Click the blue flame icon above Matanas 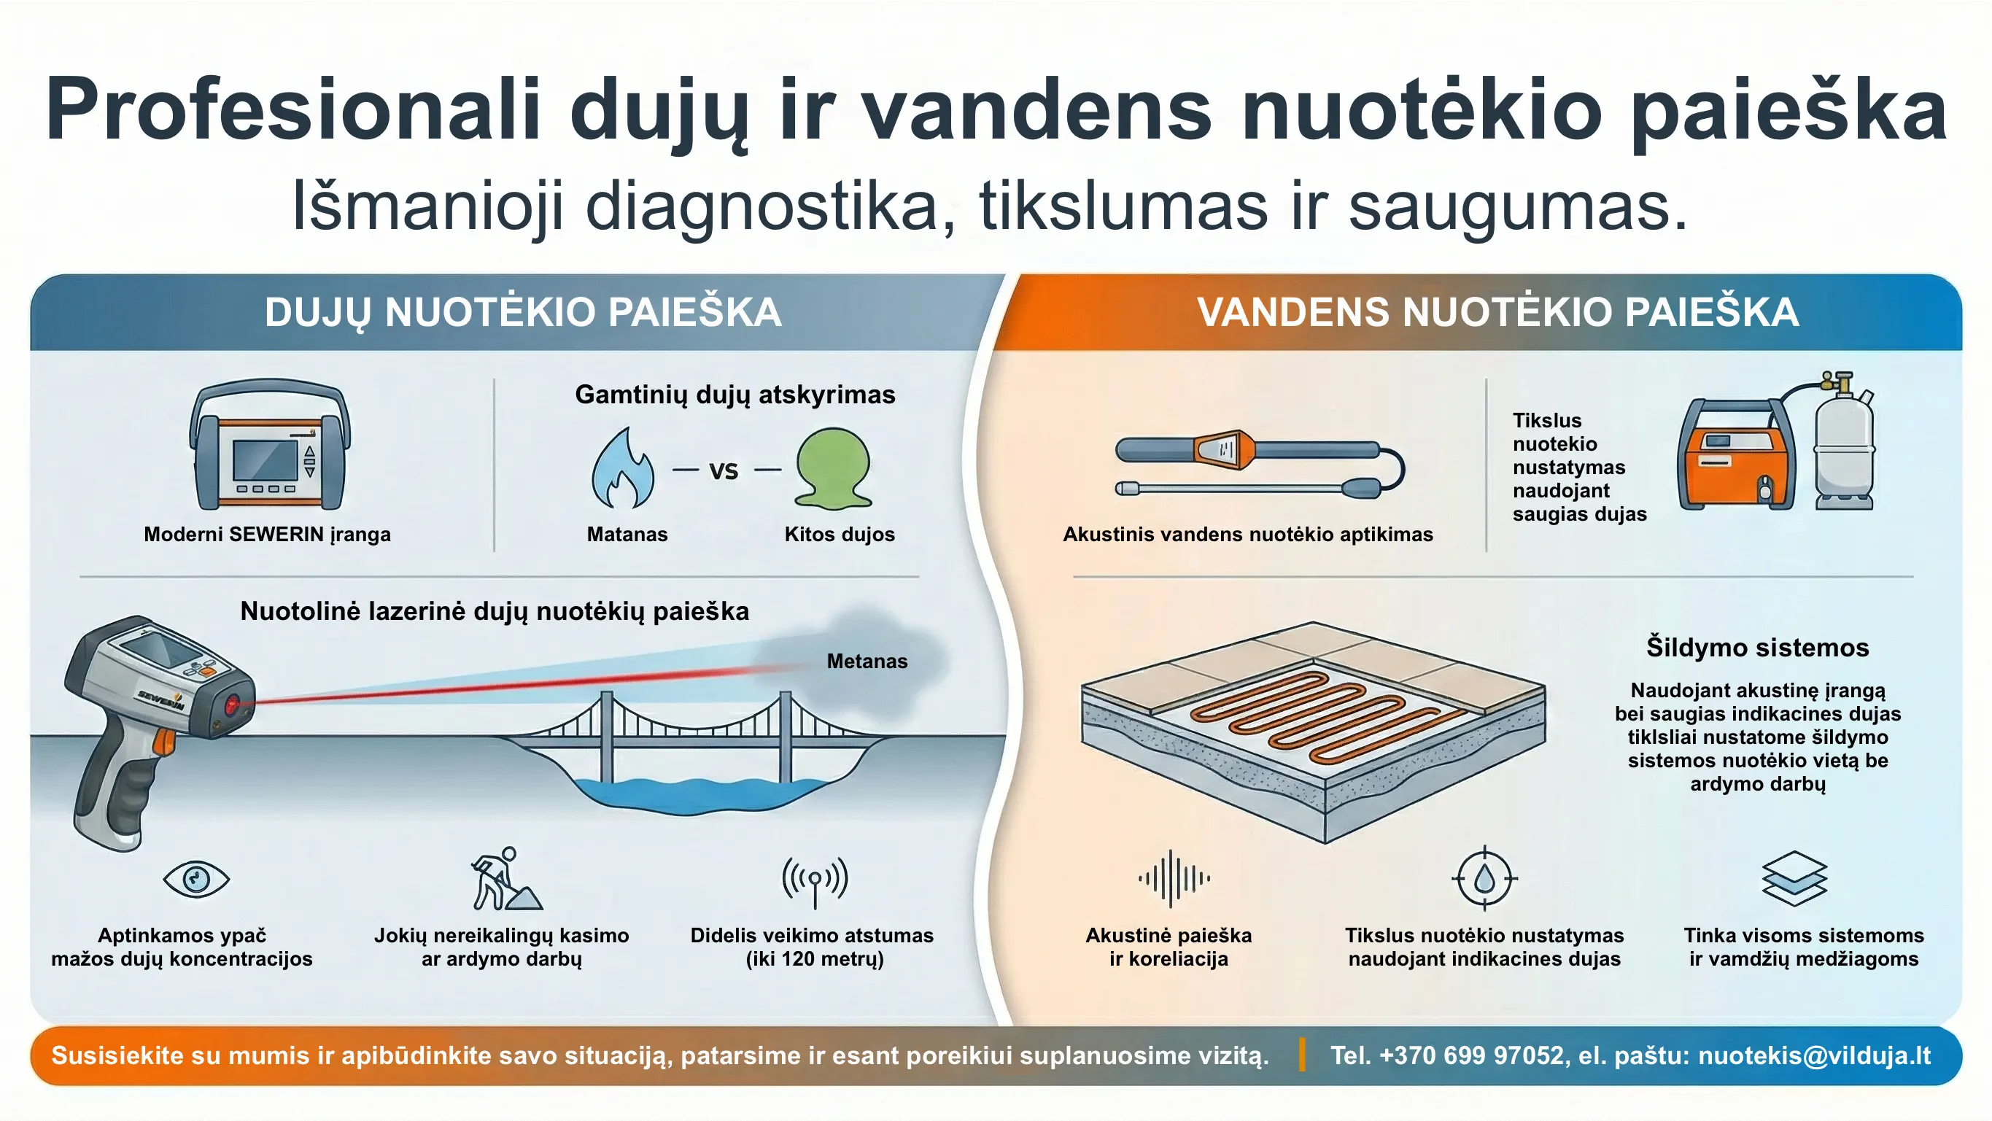point(622,470)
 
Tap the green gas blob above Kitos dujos point(834,468)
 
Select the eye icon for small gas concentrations point(196,879)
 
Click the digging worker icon point(505,879)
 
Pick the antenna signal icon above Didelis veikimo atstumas point(814,880)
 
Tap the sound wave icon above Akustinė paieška point(1173,878)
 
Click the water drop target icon point(1484,879)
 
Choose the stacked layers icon point(1794,878)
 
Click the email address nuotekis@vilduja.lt point(1814,1055)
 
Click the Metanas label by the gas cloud point(867,661)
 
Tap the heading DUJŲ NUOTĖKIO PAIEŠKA point(523,312)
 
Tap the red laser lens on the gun point(231,705)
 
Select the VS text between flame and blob point(724,471)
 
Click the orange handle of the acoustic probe point(1224,450)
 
